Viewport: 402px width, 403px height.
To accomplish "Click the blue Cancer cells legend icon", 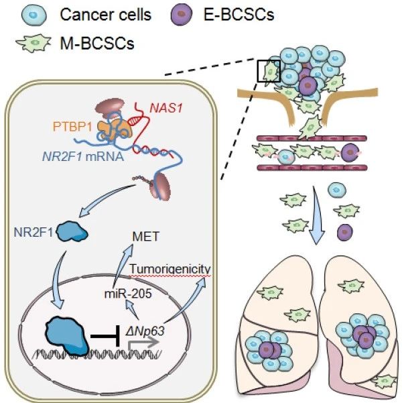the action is pyautogui.click(x=34, y=15).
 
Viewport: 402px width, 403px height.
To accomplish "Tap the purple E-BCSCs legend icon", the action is pyautogui.click(x=182, y=15).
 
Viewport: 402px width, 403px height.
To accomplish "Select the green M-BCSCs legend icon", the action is pyautogui.click(x=33, y=43).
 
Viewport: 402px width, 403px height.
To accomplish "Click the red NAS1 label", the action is pyautogui.click(x=166, y=108).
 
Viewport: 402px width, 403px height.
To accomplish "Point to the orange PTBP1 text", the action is pyautogui.click(x=72, y=127).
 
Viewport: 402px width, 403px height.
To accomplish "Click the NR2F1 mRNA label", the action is pyautogui.click(x=83, y=156).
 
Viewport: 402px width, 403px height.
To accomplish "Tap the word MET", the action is pyautogui.click(x=145, y=237).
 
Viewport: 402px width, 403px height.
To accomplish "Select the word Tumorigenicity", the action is pyautogui.click(x=170, y=269).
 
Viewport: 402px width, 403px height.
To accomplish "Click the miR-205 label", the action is pyautogui.click(x=128, y=294).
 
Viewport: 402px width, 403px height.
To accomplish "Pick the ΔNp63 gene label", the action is pyautogui.click(x=145, y=331).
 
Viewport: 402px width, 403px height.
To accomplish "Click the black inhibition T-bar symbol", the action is pyautogui.click(x=106, y=336).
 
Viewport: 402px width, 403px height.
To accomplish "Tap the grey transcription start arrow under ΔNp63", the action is pyautogui.click(x=143, y=343).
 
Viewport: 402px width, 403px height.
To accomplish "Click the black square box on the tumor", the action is pyautogui.click(x=269, y=71).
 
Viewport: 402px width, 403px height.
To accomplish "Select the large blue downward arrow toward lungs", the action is pyautogui.click(x=317, y=215).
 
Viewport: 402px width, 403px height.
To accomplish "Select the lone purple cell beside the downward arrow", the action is pyautogui.click(x=345, y=232).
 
